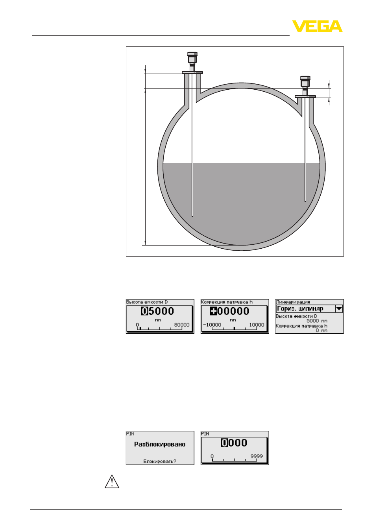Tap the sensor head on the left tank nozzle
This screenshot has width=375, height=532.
coord(192,58)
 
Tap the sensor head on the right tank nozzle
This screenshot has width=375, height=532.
coord(305,81)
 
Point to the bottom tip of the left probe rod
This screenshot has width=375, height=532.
coord(192,216)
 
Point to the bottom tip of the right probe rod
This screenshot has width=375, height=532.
coord(305,201)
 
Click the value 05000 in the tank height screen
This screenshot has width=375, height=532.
coord(158,311)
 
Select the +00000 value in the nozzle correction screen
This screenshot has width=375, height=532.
coord(229,311)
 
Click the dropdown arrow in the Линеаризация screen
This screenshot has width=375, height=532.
coord(339,309)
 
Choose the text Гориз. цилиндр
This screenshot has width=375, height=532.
coord(300,309)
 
